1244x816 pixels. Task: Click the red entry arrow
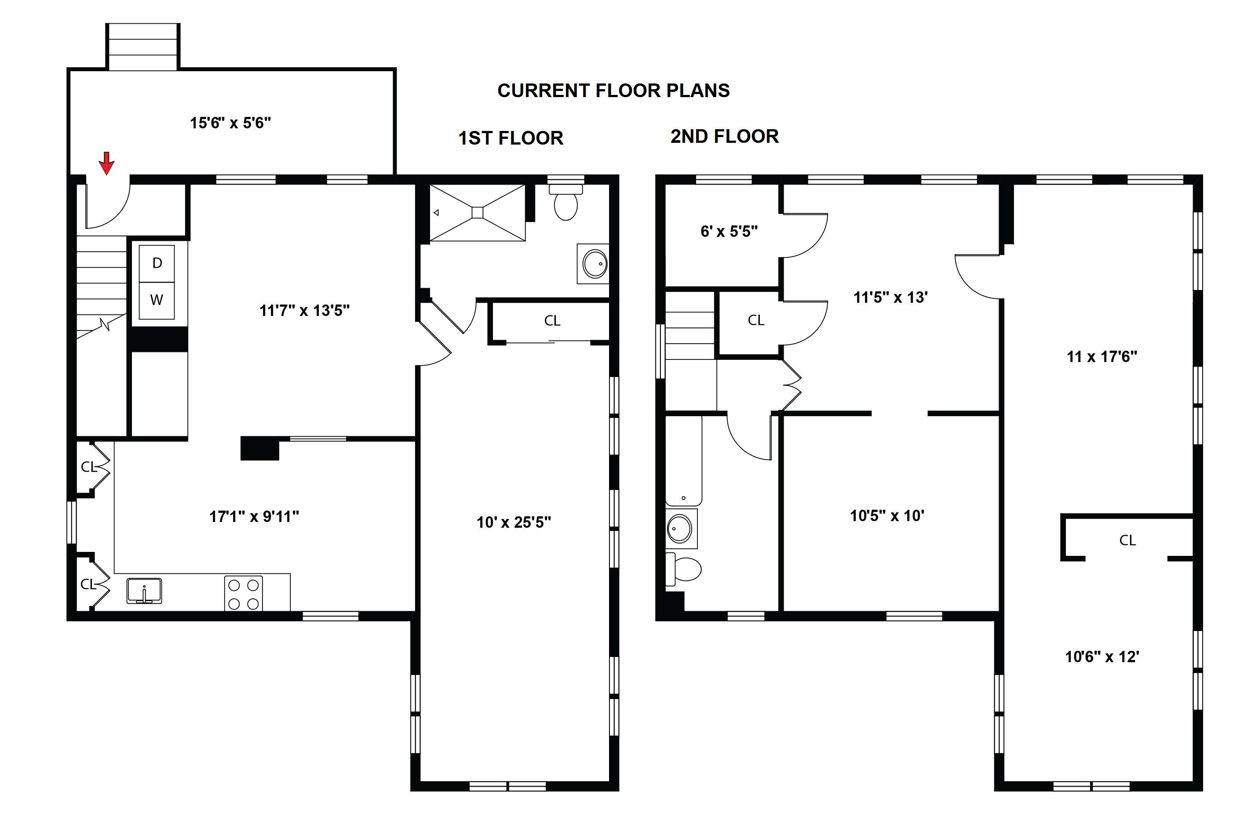[106, 163]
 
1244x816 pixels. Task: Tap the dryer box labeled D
[157, 263]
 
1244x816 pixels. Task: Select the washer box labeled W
[157, 300]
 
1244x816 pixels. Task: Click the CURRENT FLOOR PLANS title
[613, 91]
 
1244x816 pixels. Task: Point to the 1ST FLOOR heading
[511, 138]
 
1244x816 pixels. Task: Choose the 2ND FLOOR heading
[724, 136]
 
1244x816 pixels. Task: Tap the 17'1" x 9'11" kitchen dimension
[254, 517]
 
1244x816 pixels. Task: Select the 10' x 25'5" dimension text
[513, 522]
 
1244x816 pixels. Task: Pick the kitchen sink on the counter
[144, 590]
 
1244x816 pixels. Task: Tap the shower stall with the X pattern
[477, 213]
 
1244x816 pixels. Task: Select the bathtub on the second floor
[683, 460]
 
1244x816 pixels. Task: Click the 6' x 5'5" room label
[729, 232]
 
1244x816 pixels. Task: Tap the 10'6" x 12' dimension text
[1102, 656]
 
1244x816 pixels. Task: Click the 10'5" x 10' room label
[887, 516]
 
